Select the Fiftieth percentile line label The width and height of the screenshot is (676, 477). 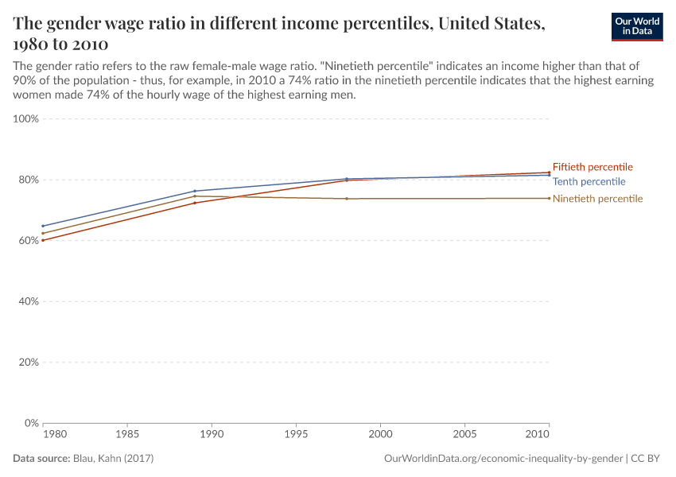pos(592,167)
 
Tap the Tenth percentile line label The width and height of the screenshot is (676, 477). pos(589,181)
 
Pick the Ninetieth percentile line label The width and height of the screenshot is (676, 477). pos(597,199)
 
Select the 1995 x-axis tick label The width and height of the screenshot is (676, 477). pos(296,436)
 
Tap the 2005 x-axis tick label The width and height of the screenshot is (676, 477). pos(464,436)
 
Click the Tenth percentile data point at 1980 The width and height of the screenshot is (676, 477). pos(43,226)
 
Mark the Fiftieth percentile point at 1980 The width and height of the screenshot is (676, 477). pos(43,240)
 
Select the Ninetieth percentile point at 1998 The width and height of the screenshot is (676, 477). pos(347,199)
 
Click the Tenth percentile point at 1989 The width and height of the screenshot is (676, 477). pos(195,191)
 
